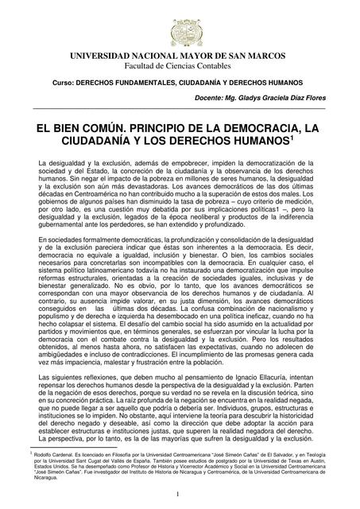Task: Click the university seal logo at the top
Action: [180, 23]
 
